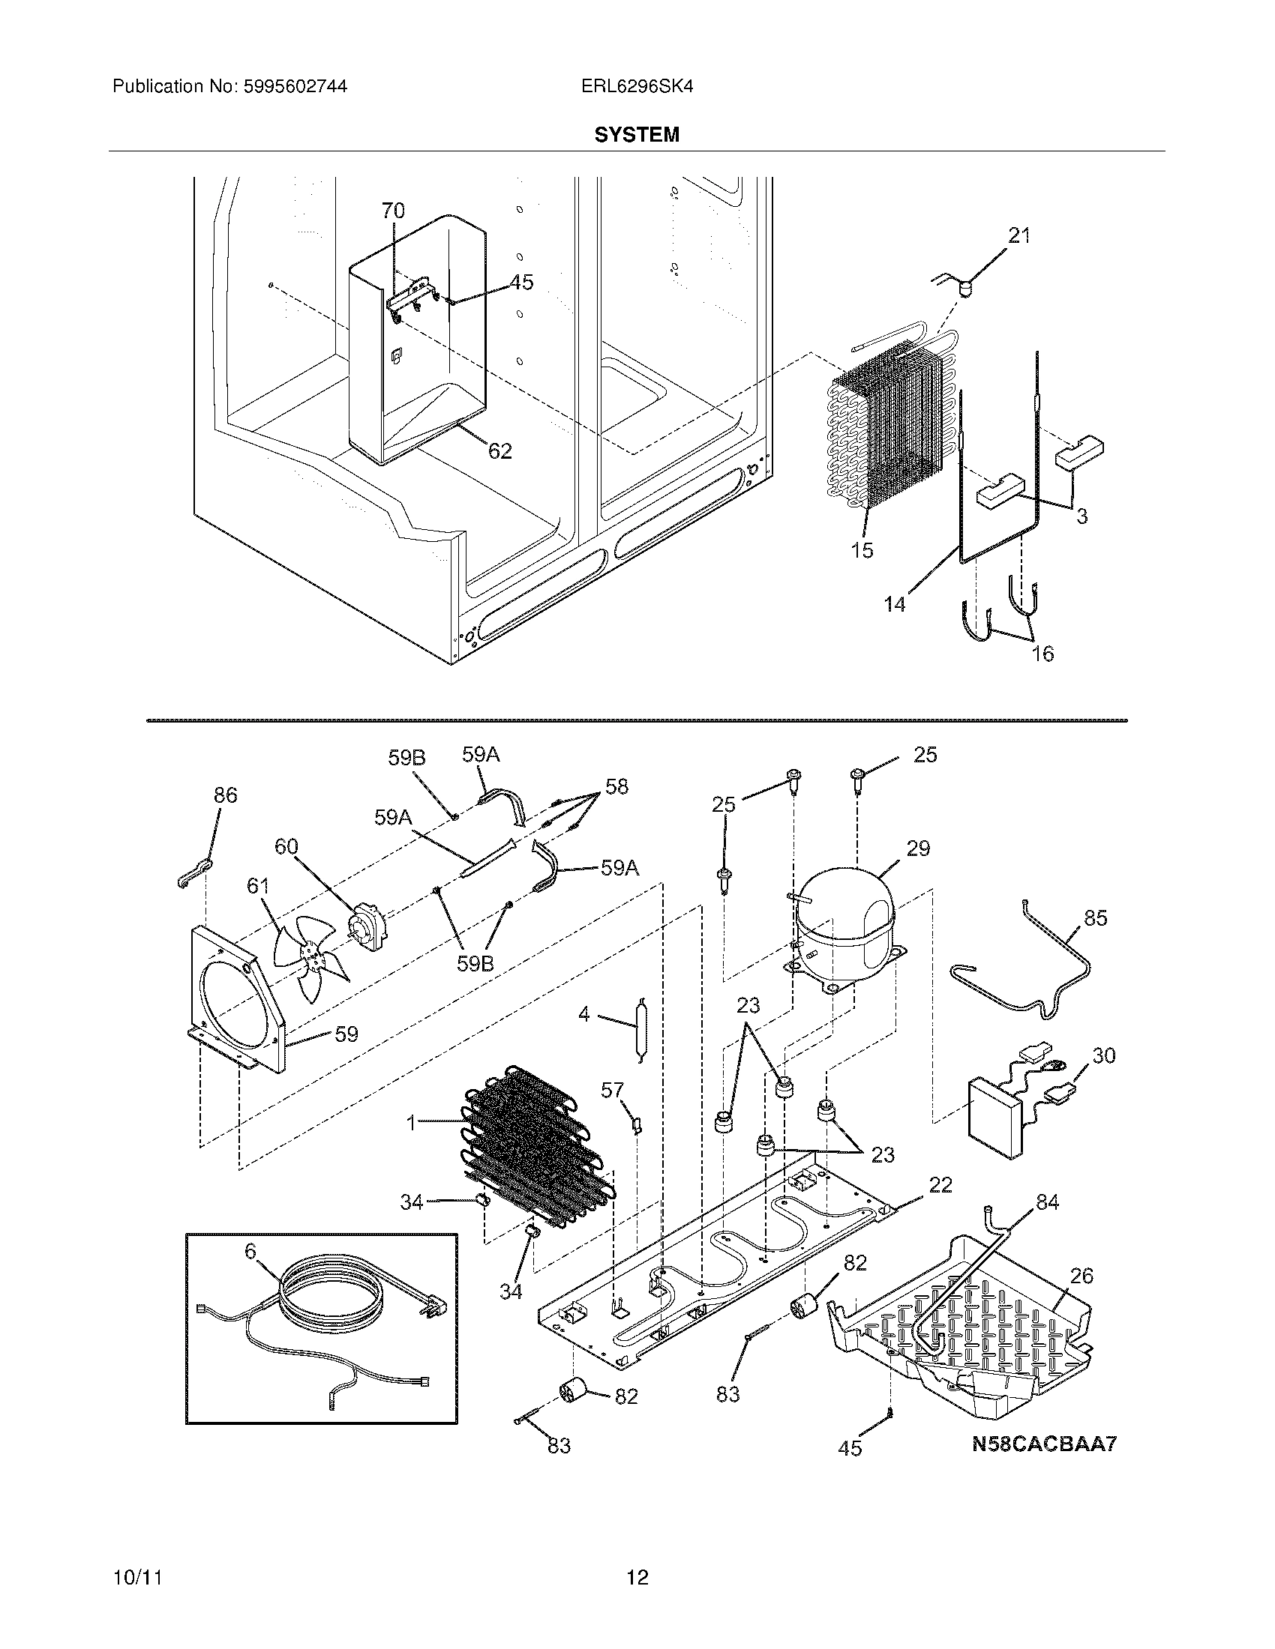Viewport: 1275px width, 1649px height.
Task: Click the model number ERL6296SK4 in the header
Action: pos(637,87)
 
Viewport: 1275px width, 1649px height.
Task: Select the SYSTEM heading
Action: pos(637,135)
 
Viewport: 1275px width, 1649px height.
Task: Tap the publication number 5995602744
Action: pos(295,87)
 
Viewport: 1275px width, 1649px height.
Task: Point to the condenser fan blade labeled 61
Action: pos(308,959)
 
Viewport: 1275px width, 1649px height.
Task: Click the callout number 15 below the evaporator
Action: pos(862,550)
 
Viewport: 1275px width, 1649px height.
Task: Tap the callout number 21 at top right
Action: pos(1019,236)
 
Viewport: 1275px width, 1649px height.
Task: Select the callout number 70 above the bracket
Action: pos(393,211)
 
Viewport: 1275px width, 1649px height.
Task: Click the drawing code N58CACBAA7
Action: pos(1043,1444)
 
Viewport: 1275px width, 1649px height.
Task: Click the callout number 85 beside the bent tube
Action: pos(1095,918)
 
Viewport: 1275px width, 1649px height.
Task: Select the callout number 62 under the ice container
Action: pos(500,451)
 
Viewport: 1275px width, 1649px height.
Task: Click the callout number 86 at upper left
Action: pos(225,795)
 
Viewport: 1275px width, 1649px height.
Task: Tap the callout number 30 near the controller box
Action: pos(1103,1055)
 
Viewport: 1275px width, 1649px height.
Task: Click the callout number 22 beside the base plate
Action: pos(940,1186)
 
